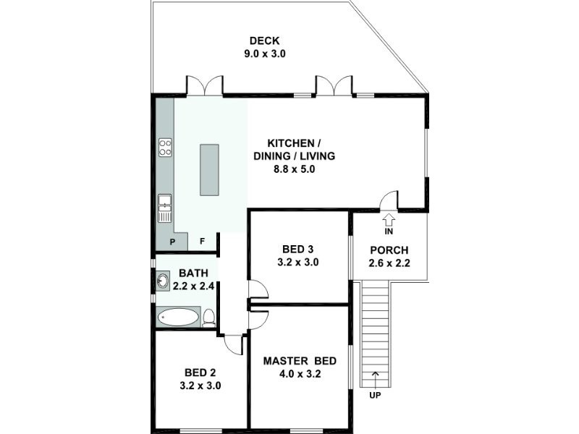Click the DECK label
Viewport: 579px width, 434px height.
pos(264,41)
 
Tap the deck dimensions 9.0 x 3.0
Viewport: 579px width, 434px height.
pos(264,54)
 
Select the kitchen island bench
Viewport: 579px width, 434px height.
pos(209,170)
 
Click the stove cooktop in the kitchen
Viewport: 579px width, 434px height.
pos(165,148)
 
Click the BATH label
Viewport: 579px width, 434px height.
pos(193,273)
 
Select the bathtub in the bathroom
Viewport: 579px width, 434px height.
pos(179,317)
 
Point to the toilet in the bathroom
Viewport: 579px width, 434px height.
pos(209,317)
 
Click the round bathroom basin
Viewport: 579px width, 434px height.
pos(163,281)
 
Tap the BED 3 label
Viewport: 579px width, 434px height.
pos(297,250)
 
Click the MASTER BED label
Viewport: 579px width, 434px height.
pos(297,361)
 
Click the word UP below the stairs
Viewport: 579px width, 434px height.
pos(375,395)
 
